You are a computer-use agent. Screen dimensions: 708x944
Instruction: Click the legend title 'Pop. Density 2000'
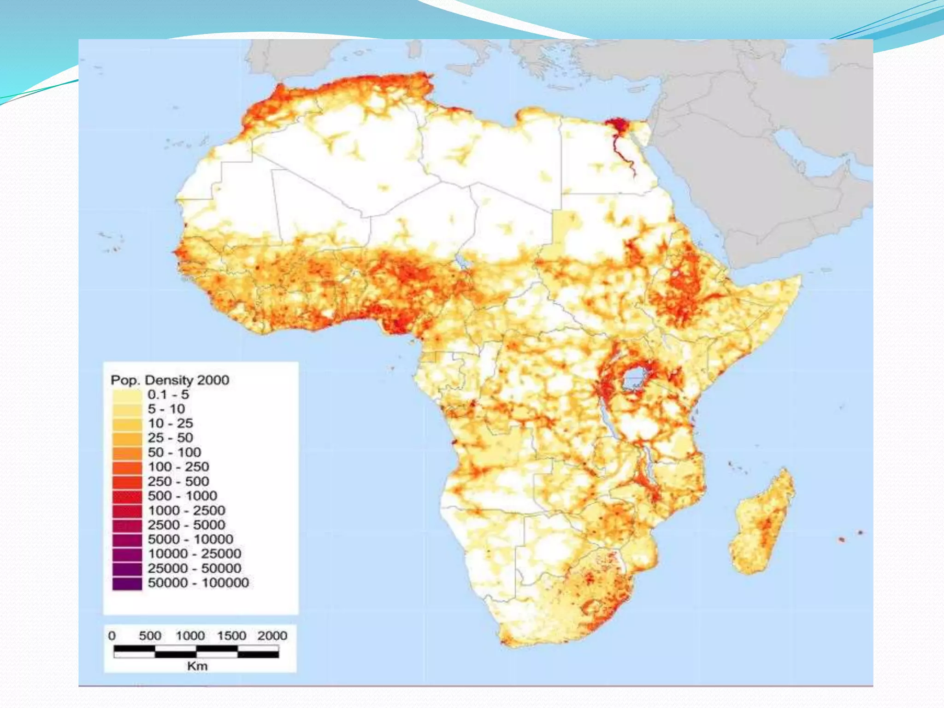(170, 380)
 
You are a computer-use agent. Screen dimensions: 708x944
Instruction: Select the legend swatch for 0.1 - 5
(127, 395)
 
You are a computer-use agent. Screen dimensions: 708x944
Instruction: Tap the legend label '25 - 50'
(170, 437)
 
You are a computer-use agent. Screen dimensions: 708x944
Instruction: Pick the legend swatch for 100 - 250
(127, 467)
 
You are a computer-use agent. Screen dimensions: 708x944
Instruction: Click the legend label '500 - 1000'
(182, 496)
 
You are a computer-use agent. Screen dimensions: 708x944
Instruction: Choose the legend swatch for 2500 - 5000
(127, 525)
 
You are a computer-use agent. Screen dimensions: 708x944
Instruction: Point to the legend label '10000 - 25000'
(194, 554)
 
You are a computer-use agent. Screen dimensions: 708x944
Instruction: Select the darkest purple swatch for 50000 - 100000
(127, 583)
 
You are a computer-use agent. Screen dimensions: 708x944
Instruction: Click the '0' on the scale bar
(112, 636)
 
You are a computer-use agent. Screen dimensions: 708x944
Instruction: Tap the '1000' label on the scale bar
(190, 636)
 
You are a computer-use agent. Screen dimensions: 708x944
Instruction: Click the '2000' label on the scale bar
(272, 636)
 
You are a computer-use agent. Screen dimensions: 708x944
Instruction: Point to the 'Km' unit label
(197, 666)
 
